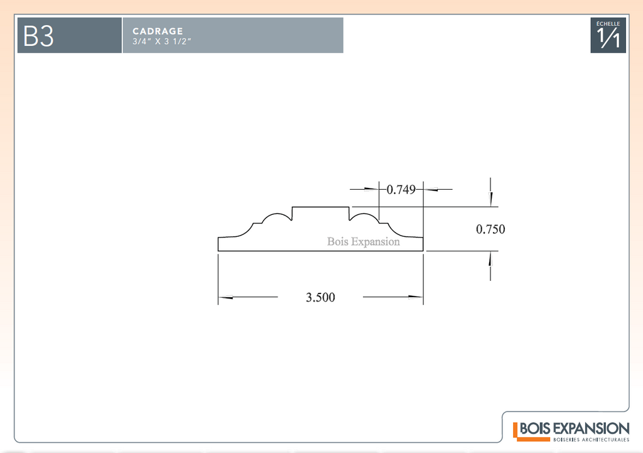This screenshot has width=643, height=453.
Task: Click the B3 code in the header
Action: pyautogui.click(x=38, y=36)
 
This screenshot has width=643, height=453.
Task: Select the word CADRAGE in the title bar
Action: pyautogui.click(x=158, y=31)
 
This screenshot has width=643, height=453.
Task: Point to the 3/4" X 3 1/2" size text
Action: pyautogui.click(x=161, y=41)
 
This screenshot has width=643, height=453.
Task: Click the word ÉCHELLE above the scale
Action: pyautogui.click(x=608, y=23)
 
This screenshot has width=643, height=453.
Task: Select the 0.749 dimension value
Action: pyautogui.click(x=401, y=189)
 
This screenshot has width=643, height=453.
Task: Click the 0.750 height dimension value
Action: pyautogui.click(x=490, y=229)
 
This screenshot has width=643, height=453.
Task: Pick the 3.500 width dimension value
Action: pyautogui.click(x=320, y=298)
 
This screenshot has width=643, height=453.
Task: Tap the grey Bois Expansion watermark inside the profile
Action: pyautogui.click(x=363, y=242)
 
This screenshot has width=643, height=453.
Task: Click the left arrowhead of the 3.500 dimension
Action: pyautogui.click(x=225, y=297)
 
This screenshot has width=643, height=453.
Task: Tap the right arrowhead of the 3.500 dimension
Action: pyautogui.click(x=415, y=297)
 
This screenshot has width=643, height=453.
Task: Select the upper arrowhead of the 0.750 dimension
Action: pyautogui.click(x=490, y=199)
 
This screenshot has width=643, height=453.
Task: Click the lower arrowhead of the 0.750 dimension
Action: pyautogui.click(x=490, y=258)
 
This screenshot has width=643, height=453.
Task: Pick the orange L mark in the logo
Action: pyautogui.click(x=516, y=430)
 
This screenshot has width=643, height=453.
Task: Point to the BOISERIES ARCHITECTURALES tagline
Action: pyautogui.click(x=591, y=440)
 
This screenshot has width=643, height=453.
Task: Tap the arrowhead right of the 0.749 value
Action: pyautogui.click(x=432, y=188)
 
